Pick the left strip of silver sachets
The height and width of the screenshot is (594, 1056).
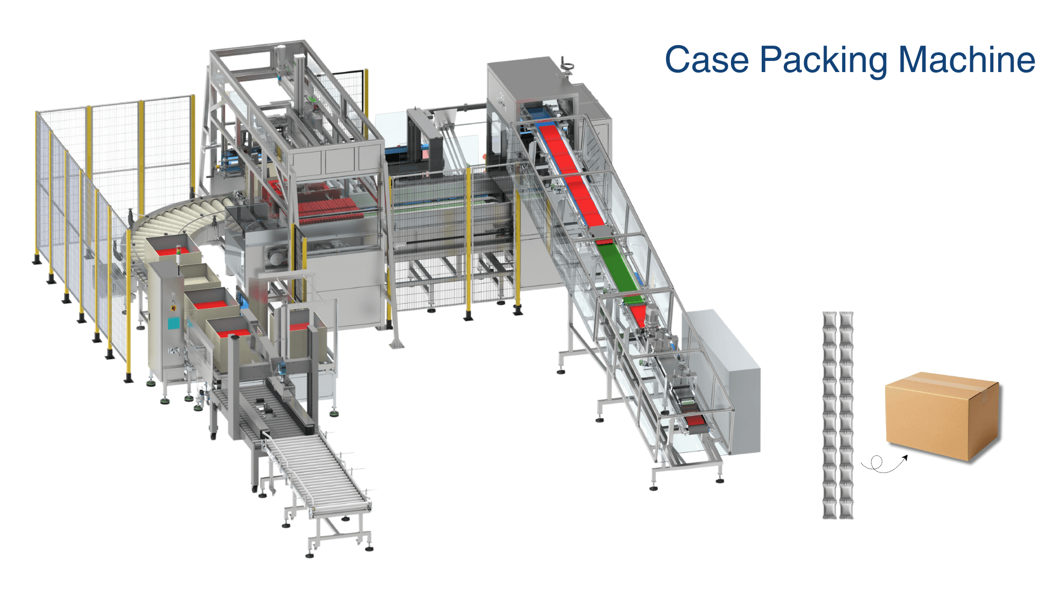[829, 415]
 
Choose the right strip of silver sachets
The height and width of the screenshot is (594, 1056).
[846, 415]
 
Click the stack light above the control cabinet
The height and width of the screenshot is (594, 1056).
[178, 252]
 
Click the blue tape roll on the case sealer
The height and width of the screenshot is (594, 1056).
[283, 369]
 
